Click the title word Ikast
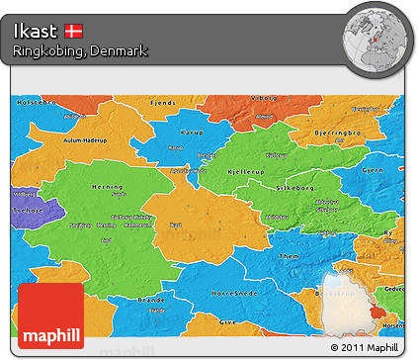pos(36,31)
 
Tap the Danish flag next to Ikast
pos(74,31)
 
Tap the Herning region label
pos(107,187)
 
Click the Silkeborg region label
pos(296,184)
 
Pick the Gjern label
pos(373,170)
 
